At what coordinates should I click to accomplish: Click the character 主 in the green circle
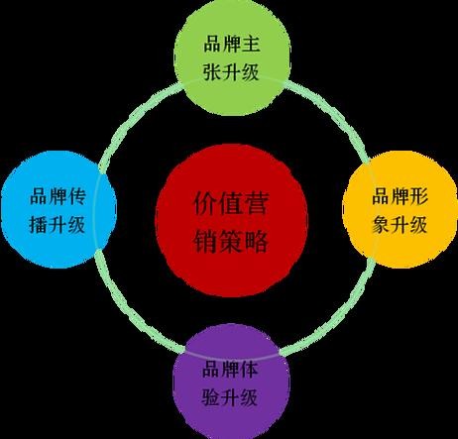click(x=251, y=45)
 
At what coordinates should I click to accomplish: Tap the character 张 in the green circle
click(x=212, y=72)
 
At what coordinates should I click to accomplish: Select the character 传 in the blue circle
click(x=77, y=196)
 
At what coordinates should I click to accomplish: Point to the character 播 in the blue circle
click(x=39, y=225)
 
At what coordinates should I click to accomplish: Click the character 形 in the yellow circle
click(x=419, y=196)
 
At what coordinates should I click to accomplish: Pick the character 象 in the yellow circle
click(x=381, y=225)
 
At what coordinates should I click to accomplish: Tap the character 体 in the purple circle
click(x=249, y=369)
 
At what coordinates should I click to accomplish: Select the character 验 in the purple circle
click(x=210, y=397)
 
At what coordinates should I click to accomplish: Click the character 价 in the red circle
click(x=205, y=203)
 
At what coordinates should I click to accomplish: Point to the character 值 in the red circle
click(x=230, y=203)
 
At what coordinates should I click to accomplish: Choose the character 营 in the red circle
click(x=256, y=203)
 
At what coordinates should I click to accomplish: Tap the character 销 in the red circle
click(x=205, y=241)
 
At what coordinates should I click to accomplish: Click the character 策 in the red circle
click(x=230, y=241)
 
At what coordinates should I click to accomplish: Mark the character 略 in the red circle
click(x=256, y=241)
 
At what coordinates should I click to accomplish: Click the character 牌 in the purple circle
click(x=230, y=369)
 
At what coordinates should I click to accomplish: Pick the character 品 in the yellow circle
click(x=381, y=196)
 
